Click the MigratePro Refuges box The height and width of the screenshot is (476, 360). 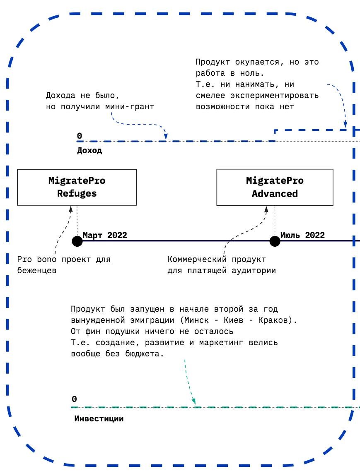pyautogui.click(x=77, y=187)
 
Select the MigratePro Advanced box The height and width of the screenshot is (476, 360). pyautogui.click(x=275, y=187)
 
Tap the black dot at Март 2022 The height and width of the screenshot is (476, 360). pyautogui.click(x=77, y=240)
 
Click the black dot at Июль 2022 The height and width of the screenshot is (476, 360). pyautogui.click(x=275, y=240)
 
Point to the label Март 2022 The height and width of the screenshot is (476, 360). pyautogui.click(x=105, y=235)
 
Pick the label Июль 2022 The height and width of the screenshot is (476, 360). pyautogui.click(x=302, y=235)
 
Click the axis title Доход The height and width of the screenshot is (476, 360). pyautogui.click(x=89, y=151)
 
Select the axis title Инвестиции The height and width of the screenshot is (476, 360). pyautogui.click(x=99, y=418)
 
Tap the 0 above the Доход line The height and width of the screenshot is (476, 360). pyautogui.click(x=79, y=136)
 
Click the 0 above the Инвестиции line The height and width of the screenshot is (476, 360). pyautogui.click(x=74, y=399)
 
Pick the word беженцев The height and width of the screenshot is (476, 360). pyautogui.click(x=37, y=271)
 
